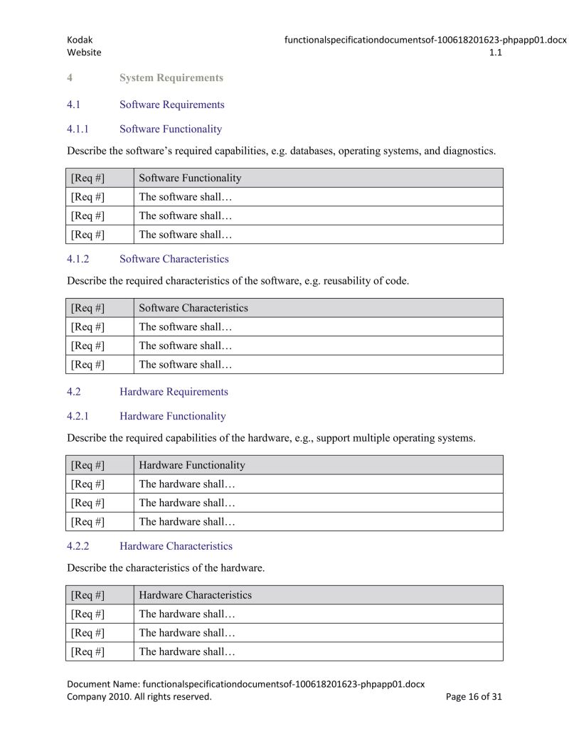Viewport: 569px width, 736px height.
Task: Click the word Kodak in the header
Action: point(80,41)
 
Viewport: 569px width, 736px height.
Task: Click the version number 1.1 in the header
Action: point(496,53)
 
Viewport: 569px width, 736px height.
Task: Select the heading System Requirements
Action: point(171,78)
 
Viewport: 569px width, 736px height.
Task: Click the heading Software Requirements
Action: point(171,105)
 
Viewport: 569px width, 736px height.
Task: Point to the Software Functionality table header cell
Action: point(190,178)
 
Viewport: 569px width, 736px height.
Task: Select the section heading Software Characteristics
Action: point(174,259)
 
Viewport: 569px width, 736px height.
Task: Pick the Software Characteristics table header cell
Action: point(193,308)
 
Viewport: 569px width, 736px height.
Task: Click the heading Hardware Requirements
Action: point(174,392)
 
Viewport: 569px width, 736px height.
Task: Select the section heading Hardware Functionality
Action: point(173,416)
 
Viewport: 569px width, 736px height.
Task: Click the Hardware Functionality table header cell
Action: point(192,465)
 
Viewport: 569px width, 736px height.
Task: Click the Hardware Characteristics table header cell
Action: point(195,594)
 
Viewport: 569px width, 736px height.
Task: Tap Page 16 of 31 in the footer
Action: point(473,697)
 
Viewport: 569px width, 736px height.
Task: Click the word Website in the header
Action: point(84,53)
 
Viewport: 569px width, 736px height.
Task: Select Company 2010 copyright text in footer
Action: point(139,697)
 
